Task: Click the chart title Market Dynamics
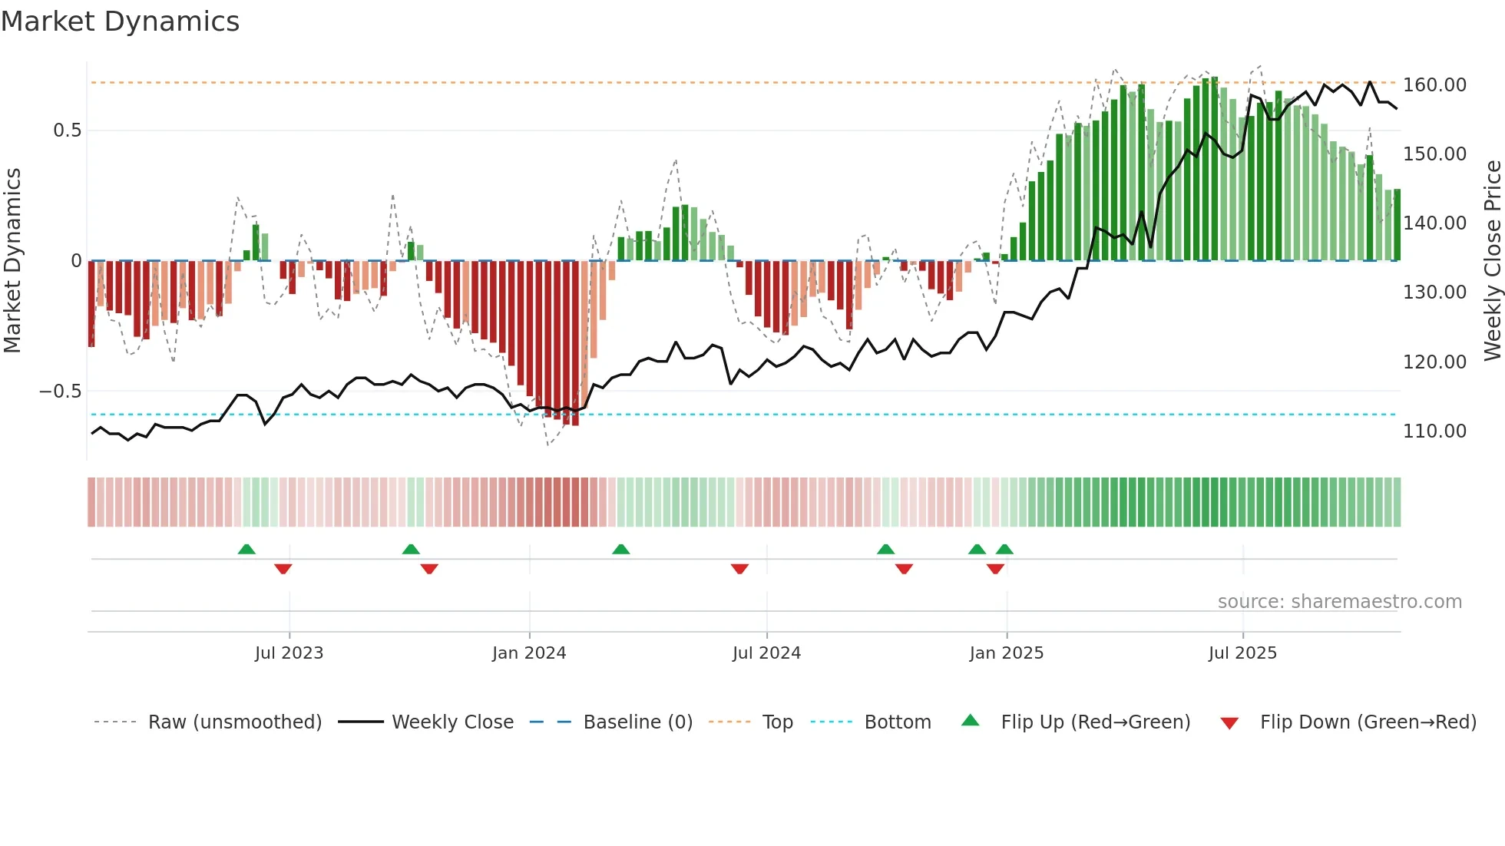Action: (121, 21)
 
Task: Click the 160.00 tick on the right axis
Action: (1434, 85)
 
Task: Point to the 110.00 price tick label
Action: (1434, 431)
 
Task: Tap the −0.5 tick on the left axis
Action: (60, 392)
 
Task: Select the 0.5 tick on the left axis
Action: (67, 131)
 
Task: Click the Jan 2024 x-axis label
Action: (529, 653)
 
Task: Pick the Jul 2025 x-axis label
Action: (1242, 653)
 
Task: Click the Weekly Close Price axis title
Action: (1492, 261)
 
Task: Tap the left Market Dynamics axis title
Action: (12, 261)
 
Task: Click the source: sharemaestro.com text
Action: (1339, 602)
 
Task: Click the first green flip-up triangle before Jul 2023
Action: (246, 550)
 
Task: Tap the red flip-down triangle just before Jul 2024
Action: (739, 569)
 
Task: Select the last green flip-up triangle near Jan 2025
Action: (1004, 550)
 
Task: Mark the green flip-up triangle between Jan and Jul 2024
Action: (620, 550)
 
